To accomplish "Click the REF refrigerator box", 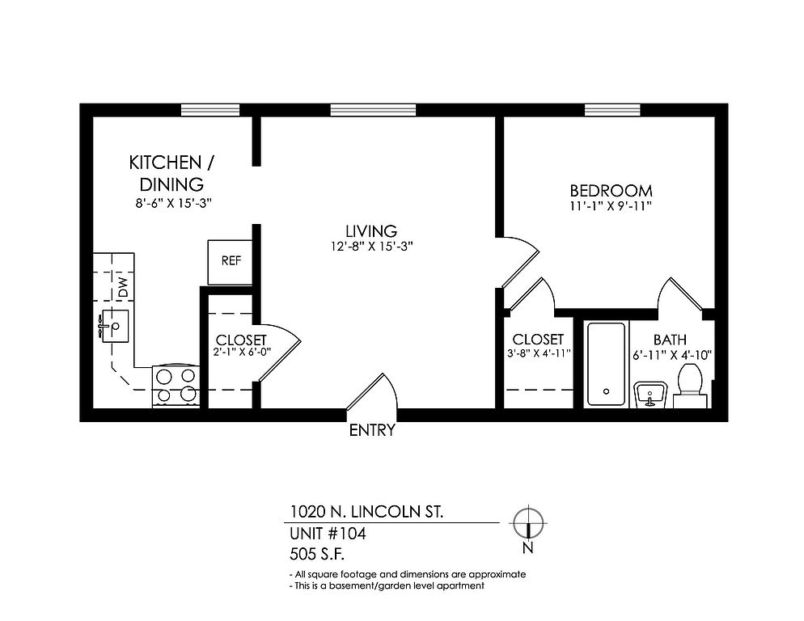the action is point(231,262).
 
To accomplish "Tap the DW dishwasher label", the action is point(123,288).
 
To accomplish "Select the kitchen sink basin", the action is point(115,326).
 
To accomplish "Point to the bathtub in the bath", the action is point(606,365).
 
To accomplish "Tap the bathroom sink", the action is point(650,395).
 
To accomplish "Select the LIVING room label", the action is point(371,230).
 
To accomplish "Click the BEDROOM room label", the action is point(611,191).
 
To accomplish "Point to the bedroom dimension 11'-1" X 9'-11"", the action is point(611,206).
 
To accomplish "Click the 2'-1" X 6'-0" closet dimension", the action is point(242,352).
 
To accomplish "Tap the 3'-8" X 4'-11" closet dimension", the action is point(539,353).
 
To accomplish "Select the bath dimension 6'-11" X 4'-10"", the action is point(672,355).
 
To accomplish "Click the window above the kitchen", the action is point(210,110).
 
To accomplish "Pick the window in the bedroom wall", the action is point(612,110).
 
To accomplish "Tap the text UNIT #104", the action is point(328,534).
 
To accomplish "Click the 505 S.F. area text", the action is point(317,555).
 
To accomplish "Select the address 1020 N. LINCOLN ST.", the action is point(366,512).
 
